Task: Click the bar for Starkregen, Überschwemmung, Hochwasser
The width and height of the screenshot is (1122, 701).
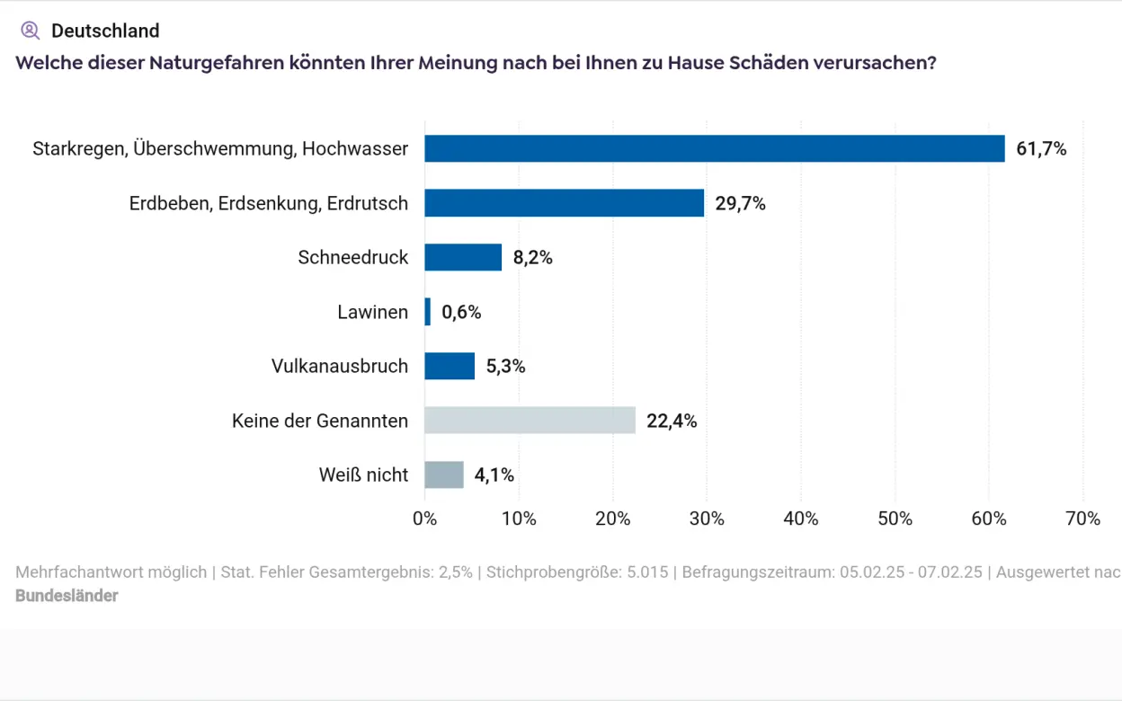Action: (x=714, y=148)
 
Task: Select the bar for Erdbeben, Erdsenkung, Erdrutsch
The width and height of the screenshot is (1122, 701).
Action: (x=564, y=203)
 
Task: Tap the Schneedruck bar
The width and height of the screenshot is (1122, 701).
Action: (x=463, y=257)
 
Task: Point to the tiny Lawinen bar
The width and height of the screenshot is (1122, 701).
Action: (x=428, y=312)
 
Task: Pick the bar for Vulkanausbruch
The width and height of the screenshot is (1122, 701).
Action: (x=450, y=366)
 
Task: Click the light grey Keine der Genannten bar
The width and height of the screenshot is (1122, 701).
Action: (x=530, y=420)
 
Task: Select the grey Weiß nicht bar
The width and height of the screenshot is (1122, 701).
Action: (x=444, y=475)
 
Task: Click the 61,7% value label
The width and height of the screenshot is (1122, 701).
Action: (x=1041, y=149)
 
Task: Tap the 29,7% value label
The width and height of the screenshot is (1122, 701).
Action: (x=740, y=204)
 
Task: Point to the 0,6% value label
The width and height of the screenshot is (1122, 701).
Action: (x=461, y=313)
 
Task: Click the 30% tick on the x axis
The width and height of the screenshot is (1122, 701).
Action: (x=707, y=519)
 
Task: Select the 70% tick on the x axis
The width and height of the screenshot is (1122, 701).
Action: (x=1082, y=519)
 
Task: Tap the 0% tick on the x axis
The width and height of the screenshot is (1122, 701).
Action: (x=424, y=519)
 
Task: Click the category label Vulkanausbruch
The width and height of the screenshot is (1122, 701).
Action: (x=339, y=366)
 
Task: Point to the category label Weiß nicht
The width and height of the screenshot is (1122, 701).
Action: (x=363, y=475)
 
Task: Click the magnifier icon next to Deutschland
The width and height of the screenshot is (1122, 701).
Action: (x=30, y=31)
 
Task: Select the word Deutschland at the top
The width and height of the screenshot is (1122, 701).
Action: (x=105, y=31)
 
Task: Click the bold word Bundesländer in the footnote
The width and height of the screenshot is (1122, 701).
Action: (x=67, y=595)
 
